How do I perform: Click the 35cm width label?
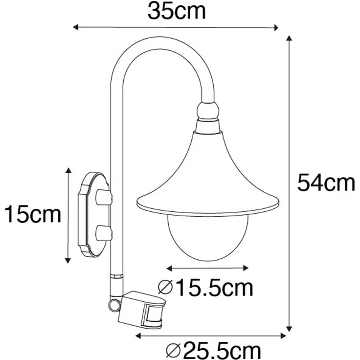(x=177, y=11)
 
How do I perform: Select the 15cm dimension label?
(x=33, y=214)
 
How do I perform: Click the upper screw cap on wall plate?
(x=104, y=198)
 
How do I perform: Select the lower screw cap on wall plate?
(x=104, y=232)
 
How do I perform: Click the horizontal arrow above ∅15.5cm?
(x=208, y=268)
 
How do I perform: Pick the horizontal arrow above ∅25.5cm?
(x=210, y=336)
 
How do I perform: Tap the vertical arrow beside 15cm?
(x=68, y=214)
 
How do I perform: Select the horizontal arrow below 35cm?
(x=175, y=27)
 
